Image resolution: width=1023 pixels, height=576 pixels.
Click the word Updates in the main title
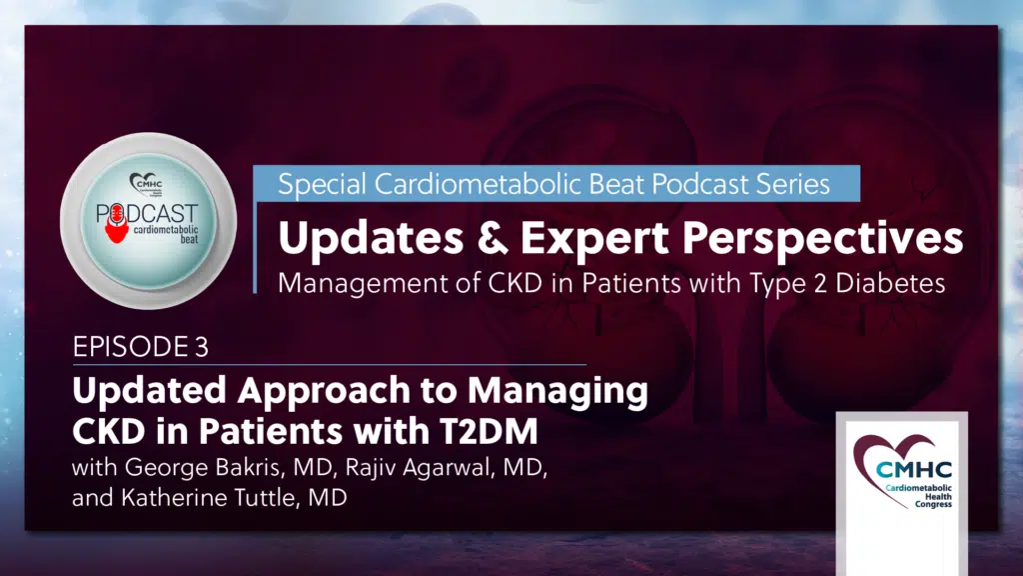371,239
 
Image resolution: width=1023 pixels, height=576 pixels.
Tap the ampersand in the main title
493,237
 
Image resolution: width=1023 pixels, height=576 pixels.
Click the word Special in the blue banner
322,185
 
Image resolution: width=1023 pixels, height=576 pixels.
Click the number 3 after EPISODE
201,347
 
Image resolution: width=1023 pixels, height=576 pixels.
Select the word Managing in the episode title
557,392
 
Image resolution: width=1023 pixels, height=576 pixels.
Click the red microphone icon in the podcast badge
117,223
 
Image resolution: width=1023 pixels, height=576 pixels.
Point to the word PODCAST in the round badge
147,214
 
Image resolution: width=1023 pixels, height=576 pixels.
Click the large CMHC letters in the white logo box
914,470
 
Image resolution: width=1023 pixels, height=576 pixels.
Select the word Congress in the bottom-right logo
933,505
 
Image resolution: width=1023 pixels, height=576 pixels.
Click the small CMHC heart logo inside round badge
146,184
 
